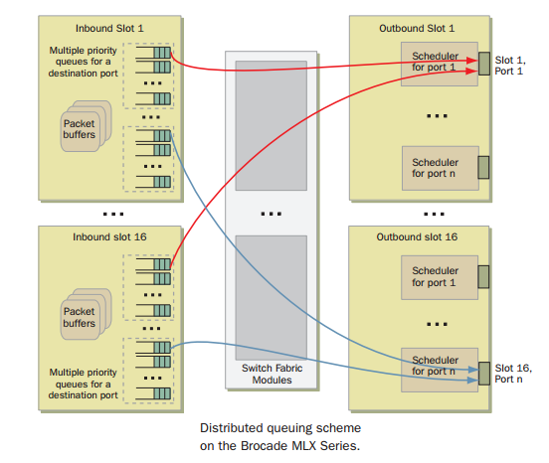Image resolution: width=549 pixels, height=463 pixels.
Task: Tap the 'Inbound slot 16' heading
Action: [x=109, y=237]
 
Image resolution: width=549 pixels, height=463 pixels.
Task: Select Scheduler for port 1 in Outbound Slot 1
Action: [x=436, y=63]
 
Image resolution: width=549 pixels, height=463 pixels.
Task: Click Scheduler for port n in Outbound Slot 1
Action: [x=436, y=167]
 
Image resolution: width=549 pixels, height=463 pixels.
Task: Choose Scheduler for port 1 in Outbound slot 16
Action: [x=436, y=275]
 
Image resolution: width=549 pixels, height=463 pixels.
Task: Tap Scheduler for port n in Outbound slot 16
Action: [x=436, y=366]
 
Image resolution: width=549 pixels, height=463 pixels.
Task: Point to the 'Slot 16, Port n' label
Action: [x=515, y=374]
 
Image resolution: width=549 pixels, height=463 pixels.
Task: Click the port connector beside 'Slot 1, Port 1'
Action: [x=483, y=63]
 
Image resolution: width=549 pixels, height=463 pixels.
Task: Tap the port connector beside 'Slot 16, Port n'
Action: [x=483, y=372]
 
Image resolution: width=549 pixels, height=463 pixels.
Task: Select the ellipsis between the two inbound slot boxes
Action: [x=112, y=212]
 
